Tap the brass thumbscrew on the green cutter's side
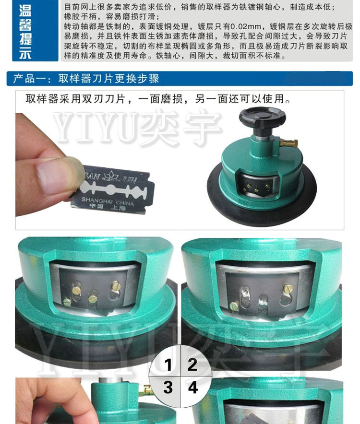coord(288,142)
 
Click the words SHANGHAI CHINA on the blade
coord(108,201)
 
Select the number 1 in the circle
coord(168,365)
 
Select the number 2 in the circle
coord(192,365)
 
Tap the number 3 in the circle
coord(168,387)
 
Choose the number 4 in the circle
coord(193,387)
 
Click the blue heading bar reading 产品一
coord(180,78)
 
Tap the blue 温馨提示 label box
coord(35,30)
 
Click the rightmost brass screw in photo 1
coord(116,285)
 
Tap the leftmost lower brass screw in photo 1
coord(67,301)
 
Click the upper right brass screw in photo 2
coord(288,289)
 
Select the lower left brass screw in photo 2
coord(234,306)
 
